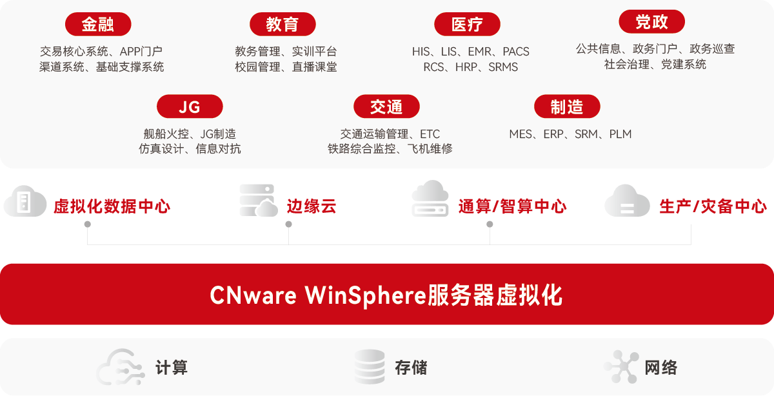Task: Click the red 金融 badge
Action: (97, 24)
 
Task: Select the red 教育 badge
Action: (282, 24)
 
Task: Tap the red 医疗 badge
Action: (467, 25)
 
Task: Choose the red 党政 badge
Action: (651, 22)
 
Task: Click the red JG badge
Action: (190, 107)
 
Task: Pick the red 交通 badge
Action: (386, 107)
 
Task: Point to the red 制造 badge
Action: (567, 107)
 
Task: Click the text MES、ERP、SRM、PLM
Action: (570, 134)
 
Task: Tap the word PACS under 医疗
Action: (516, 52)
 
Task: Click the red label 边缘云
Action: (312, 206)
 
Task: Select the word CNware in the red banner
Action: (253, 296)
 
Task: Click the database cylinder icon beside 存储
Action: (370, 367)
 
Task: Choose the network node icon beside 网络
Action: (622, 368)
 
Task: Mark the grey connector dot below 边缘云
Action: (288, 224)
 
